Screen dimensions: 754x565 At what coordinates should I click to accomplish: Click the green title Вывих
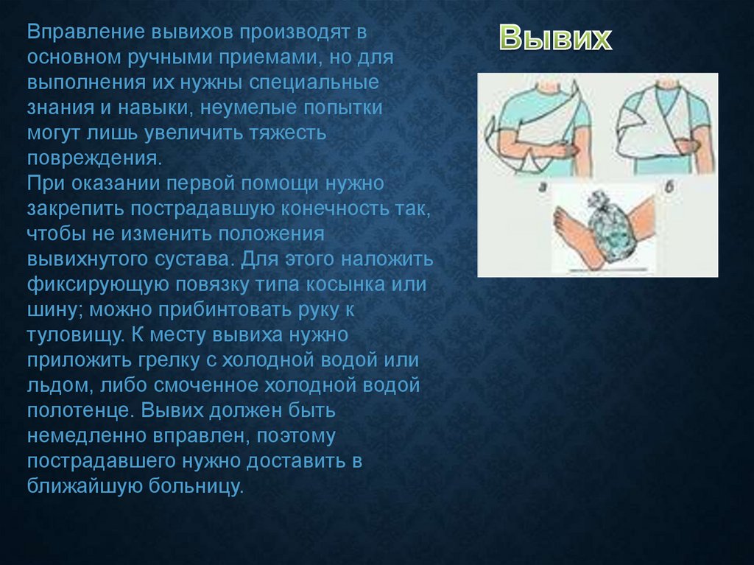tap(555, 38)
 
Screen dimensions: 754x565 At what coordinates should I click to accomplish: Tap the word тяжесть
tap(288, 133)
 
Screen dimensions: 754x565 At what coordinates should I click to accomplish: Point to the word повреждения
tap(94, 158)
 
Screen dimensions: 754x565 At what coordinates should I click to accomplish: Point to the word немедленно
tap(87, 436)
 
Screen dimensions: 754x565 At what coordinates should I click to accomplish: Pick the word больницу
tap(196, 486)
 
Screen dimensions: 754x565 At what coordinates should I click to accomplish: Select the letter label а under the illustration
tap(542, 187)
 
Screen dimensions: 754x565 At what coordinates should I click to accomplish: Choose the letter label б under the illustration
tap(669, 186)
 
